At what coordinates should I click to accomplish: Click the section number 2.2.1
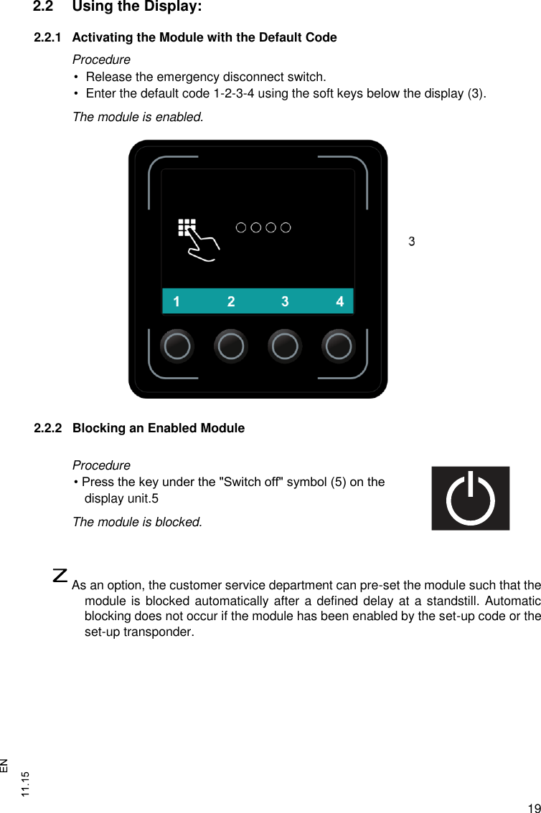point(48,37)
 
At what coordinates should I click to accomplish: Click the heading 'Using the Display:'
point(137,8)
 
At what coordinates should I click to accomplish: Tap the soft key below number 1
point(177,346)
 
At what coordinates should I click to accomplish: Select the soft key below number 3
point(285,346)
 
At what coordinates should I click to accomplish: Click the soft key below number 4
point(339,346)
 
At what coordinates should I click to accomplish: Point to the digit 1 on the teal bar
point(177,302)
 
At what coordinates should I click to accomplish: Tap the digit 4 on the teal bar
point(340,302)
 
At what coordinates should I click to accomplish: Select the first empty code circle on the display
point(241,228)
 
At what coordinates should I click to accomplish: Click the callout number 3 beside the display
point(412,242)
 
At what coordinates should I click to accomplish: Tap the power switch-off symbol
point(470,498)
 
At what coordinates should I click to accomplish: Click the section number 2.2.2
point(48,429)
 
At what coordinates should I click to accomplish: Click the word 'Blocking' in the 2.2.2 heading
point(97,429)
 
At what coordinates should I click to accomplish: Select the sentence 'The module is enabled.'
point(138,116)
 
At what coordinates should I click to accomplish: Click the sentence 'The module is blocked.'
point(137,522)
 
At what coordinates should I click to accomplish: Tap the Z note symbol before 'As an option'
point(61,575)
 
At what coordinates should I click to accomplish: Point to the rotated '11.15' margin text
point(26,784)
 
